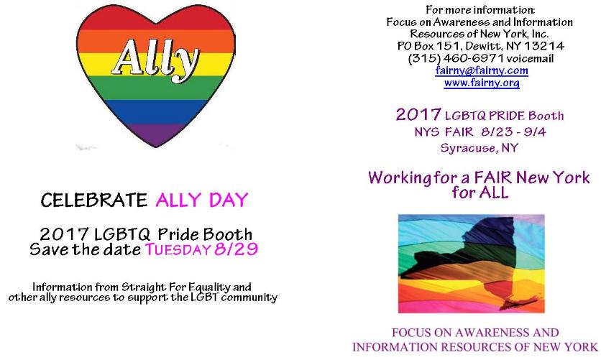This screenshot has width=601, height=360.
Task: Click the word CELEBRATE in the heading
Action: (x=90, y=200)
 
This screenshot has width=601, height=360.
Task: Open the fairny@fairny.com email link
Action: (x=482, y=71)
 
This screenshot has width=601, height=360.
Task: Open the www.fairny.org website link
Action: (x=482, y=83)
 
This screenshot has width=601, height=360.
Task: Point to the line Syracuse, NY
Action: (x=481, y=148)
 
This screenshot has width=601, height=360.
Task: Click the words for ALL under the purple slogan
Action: (x=480, y=193)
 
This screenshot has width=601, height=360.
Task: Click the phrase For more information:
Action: (x=481, y=10)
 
